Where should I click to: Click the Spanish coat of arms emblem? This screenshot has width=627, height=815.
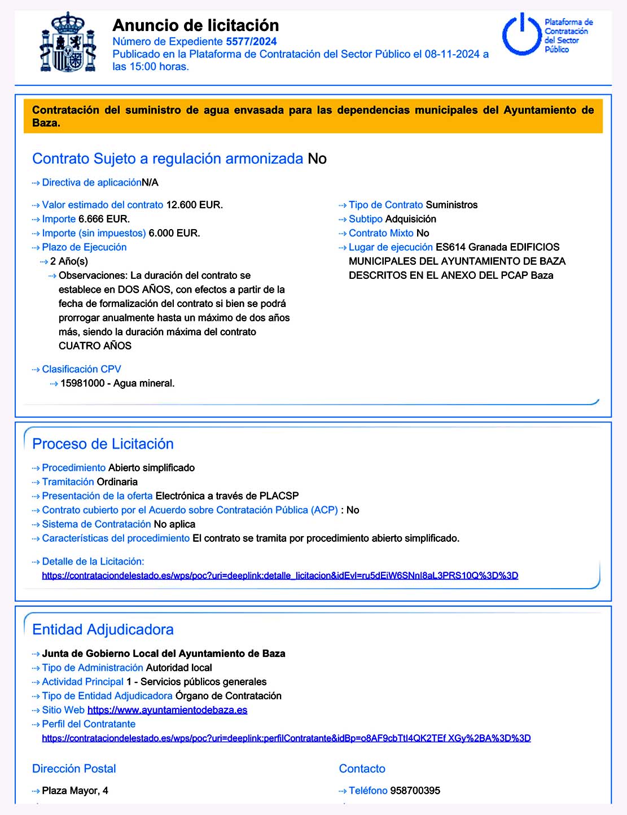pyautogui.click(x=68, y=42)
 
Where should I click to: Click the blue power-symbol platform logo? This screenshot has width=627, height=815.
pyautogui.click(x=522, y=35)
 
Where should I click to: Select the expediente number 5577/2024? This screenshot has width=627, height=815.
pyautogui.click(x=251, y=41)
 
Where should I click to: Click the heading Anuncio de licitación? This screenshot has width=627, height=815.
pyautogui.click(x=195, y=25)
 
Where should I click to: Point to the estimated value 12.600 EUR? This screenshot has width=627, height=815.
pyautogui.click(x=194, y=205)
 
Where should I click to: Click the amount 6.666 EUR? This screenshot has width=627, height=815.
pyautogui.click(x=104, y=219)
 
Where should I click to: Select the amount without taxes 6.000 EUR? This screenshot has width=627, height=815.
pyautogui.click(x=174, y=233)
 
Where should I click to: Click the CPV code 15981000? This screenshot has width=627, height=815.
pyautogui.click(x=82, y=383)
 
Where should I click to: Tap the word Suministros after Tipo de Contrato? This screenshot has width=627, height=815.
pyautogui.click(x=451, y=205)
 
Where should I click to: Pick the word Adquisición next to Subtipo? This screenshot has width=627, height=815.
pyautogui.click(x=410, y=219)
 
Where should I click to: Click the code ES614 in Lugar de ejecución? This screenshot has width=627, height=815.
pyautogui.click(x=450, y=247)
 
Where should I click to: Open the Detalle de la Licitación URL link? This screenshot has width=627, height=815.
pyautogui.click(x=280, y=576)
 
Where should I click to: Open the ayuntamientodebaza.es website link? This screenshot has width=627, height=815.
pyautogui.click(x=167, y=710)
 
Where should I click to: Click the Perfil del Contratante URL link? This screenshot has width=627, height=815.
pyautogui.click(x=286, y=738)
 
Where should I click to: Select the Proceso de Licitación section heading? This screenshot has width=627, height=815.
pyautogui.click(x=103, y=444)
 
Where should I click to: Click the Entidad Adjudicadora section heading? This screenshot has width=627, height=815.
pyautogui.click(x=103, y=630)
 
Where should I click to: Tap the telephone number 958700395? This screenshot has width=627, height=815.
pyautogui.click(x=415, y=791)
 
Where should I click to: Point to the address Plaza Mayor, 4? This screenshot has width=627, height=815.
pyautogui.click(x=75, y=791)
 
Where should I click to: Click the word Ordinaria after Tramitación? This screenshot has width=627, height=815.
pyautogui.click(x=117, y=482)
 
